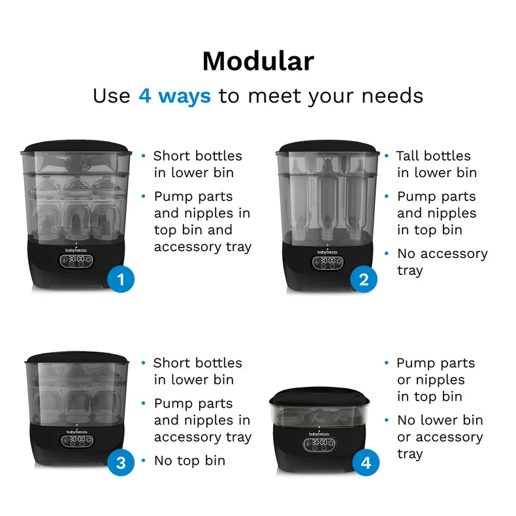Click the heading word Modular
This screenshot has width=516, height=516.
coord(258,61)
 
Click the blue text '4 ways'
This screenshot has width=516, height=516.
coord(174,96)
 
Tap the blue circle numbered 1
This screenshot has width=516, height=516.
coord(120,280)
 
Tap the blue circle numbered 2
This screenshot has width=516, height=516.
coord(364,280)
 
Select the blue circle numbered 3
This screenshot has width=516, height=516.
coord(120,463)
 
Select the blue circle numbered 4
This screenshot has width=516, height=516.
coord(366,463)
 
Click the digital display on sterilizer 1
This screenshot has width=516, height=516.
coord(75,260)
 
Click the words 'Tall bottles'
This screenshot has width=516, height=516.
coord(433,156)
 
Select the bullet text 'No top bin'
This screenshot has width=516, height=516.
coord(189,460)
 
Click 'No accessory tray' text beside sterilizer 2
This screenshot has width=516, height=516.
coord(442,261)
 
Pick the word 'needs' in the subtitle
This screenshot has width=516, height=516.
coord(391,96)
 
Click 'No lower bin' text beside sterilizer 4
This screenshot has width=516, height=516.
coord(440,421)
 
